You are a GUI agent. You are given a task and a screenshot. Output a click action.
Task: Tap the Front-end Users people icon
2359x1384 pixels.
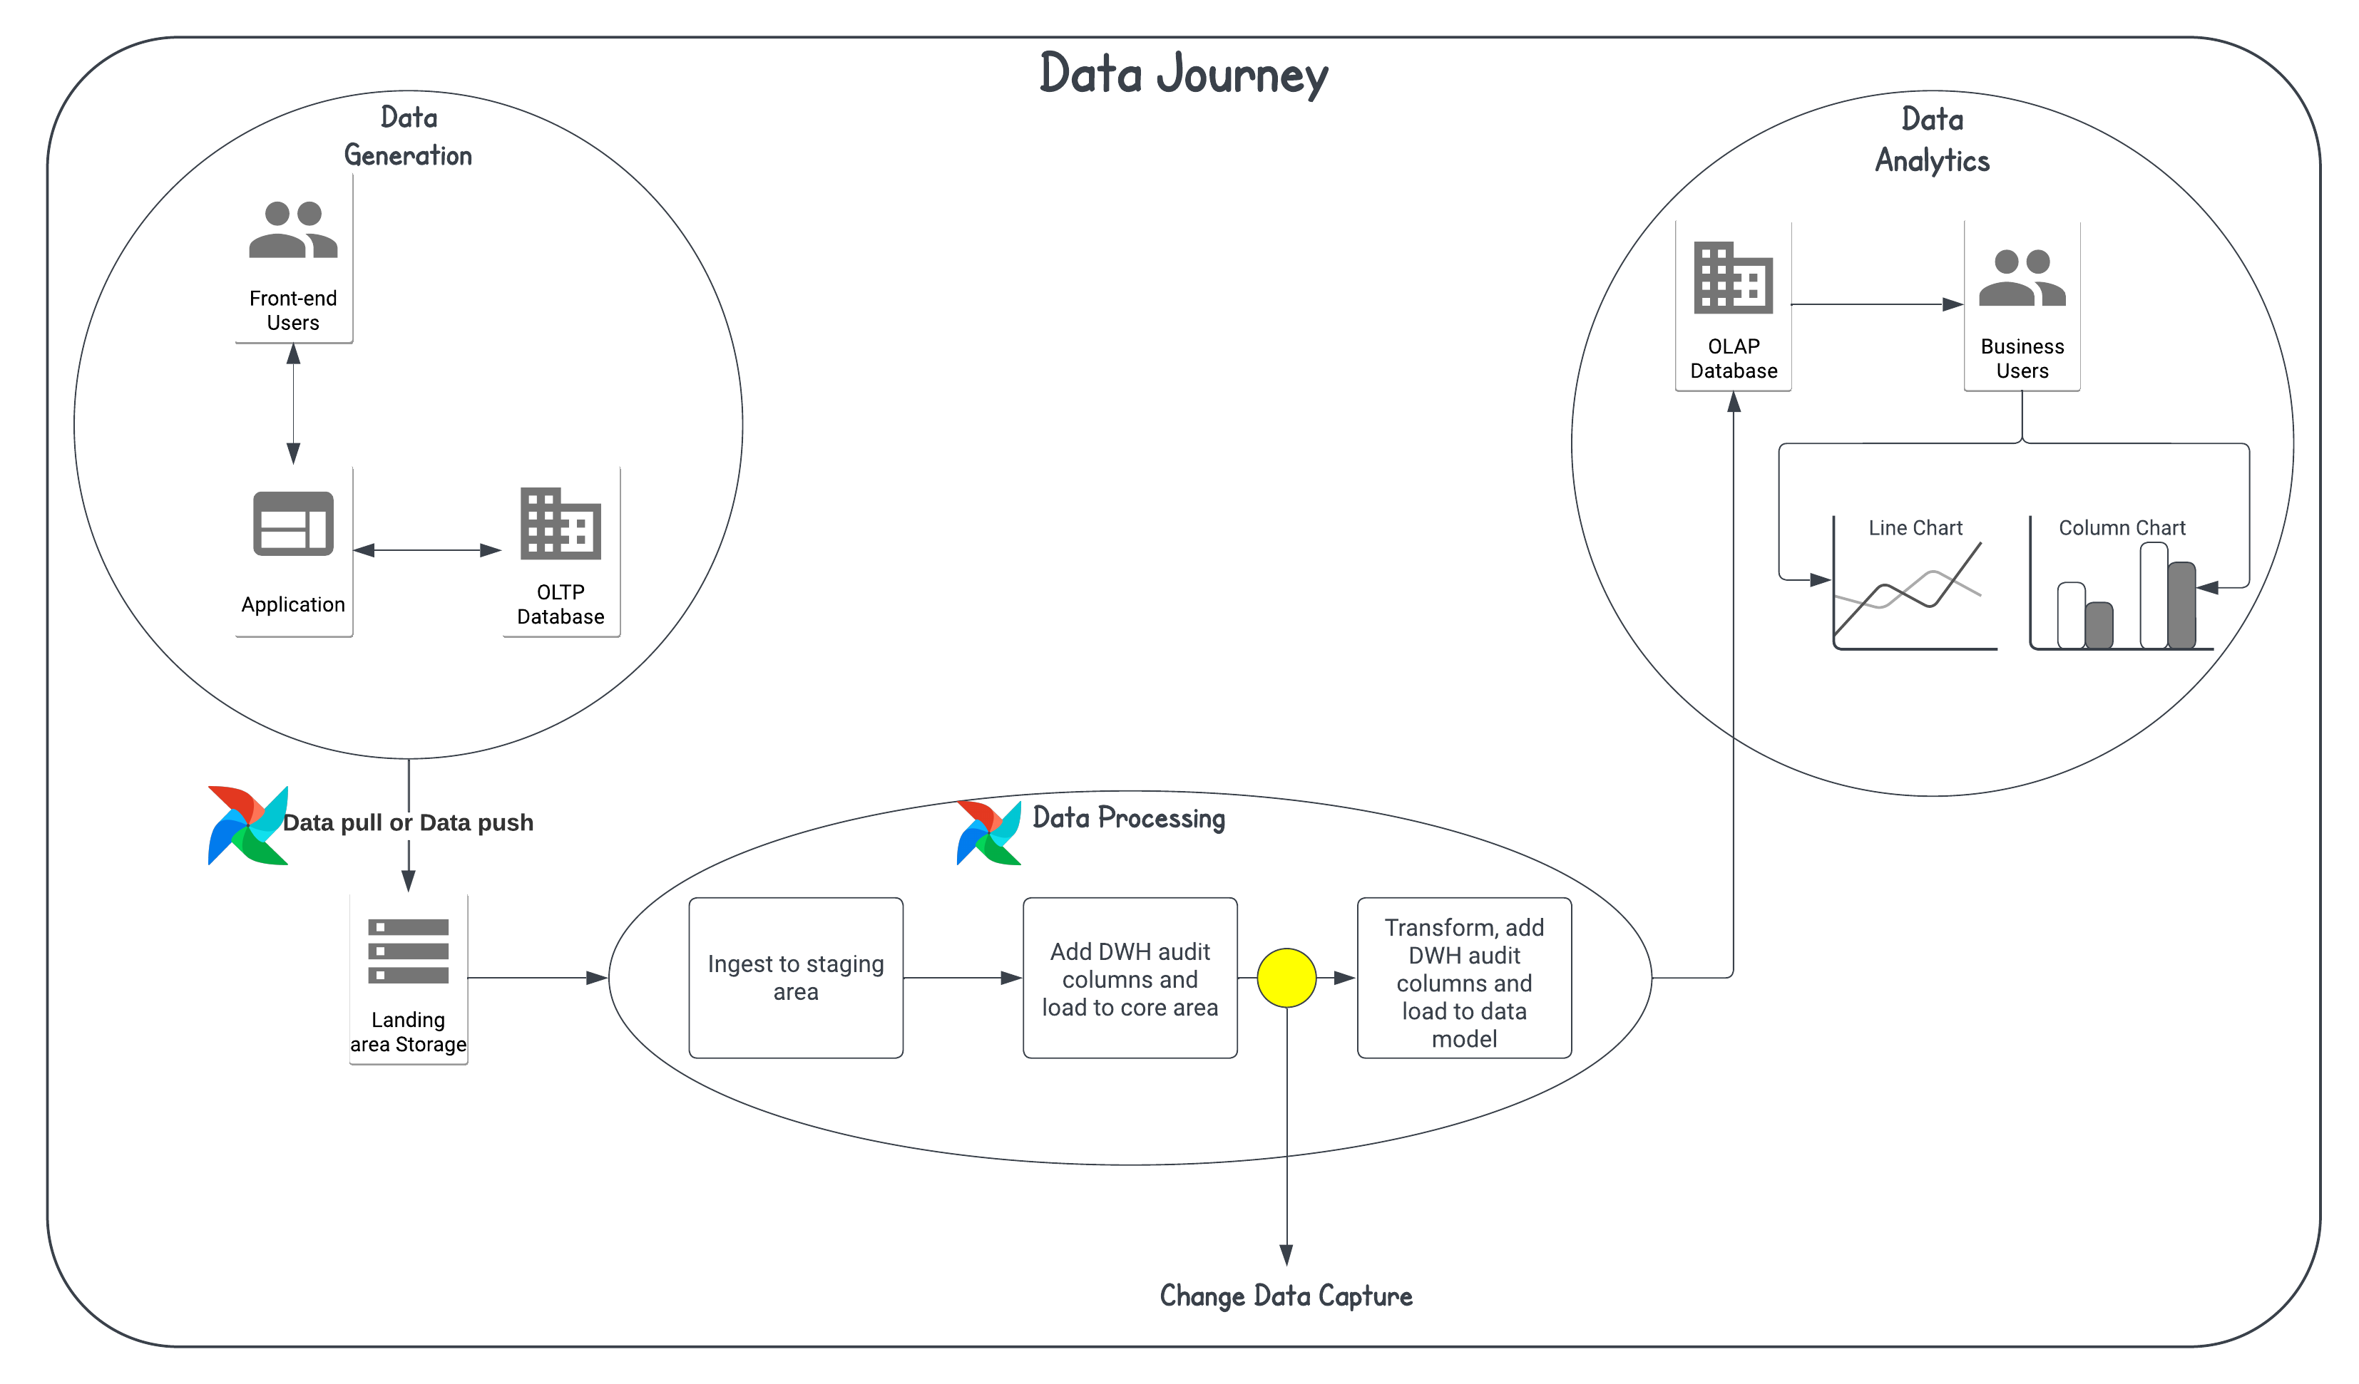pyautogui.click(x=293, y=229)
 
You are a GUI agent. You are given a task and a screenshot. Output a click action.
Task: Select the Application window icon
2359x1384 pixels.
pyautogui.click(x=293, y=523)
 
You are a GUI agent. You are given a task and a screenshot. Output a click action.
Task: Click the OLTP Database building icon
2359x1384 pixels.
pyautogui.click(x=561, y=523)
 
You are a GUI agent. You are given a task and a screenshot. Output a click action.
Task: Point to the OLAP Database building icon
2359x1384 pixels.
pyautogui.click(x=1733, y=277)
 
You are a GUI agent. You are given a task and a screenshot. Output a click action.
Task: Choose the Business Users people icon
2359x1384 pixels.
pyautogui.click(x=2022, y=277)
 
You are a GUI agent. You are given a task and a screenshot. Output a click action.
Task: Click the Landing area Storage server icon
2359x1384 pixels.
pyautogui.click(x=408, y=951)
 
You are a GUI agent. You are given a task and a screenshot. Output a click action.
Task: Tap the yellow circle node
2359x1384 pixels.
pyautogui.click(x=1286, y=978)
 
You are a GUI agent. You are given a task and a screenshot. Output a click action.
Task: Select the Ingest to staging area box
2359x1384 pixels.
pyautogui.click(x=796, y=978)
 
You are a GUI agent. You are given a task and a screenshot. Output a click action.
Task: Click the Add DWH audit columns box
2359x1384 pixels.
pyautogui.click(x=1130, y=978)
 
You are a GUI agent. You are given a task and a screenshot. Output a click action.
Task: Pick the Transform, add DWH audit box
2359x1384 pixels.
pyautogui.click(x=1464, y=978)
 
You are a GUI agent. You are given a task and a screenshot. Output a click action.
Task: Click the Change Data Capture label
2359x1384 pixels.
pyautogui.click(x=1286, y=1296)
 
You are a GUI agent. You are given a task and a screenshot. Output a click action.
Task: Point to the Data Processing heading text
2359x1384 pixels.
pyautogui.click(x=1128, y=818)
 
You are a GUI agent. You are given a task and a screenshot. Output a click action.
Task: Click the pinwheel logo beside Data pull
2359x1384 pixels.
pyautogui.click(x=247, y=825)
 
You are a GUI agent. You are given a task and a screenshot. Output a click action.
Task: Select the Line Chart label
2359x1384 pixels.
pyautogui.click(x=1915, y=528)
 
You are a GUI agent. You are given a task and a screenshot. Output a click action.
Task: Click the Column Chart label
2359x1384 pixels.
pyautogui.click(x=2122, y=528)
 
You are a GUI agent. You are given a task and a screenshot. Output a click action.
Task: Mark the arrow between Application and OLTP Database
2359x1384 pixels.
pyautogui.click(x=428, y=550)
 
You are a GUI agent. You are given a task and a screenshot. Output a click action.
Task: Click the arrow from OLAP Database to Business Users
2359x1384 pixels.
pyautogui.click(x=1876, y=304)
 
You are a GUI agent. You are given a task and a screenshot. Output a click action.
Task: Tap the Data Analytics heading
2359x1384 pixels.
pyautogui.click(x=1932, y=140)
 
